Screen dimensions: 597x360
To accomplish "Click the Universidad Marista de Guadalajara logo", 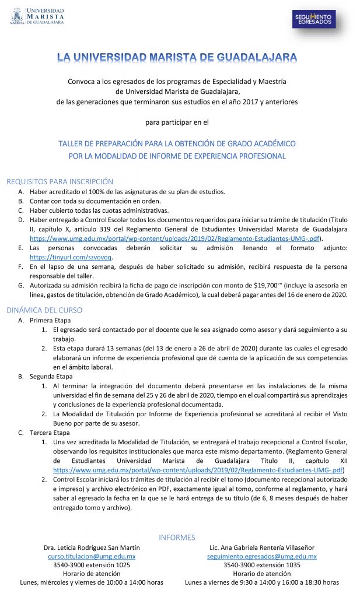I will tap(37, 17).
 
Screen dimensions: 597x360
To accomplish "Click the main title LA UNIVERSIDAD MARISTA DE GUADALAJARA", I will tap(177, 57).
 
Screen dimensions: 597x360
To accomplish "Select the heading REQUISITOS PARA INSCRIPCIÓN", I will tap(60, 182).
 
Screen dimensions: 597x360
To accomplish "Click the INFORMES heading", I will tap(177, 537).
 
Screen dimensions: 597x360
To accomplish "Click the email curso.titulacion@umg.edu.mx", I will tap(92, 557).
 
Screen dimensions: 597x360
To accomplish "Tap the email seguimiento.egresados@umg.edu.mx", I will tap(262, 557).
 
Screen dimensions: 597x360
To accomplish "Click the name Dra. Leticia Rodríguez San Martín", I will tap(92, 548).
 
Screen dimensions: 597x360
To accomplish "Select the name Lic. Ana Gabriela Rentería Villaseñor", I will tap(262, 548).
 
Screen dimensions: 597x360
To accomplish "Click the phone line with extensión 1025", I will tap(92, 565).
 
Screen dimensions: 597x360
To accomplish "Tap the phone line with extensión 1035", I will tap(262, 565).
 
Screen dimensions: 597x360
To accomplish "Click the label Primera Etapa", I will tap(50, 320).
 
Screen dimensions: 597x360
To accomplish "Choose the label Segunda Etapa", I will tap(51, 377).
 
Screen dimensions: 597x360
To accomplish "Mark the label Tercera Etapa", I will tap(50, 433).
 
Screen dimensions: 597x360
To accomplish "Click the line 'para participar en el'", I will tap(177, 122).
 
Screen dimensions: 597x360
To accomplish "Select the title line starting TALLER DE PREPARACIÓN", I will tap(177, 143).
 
